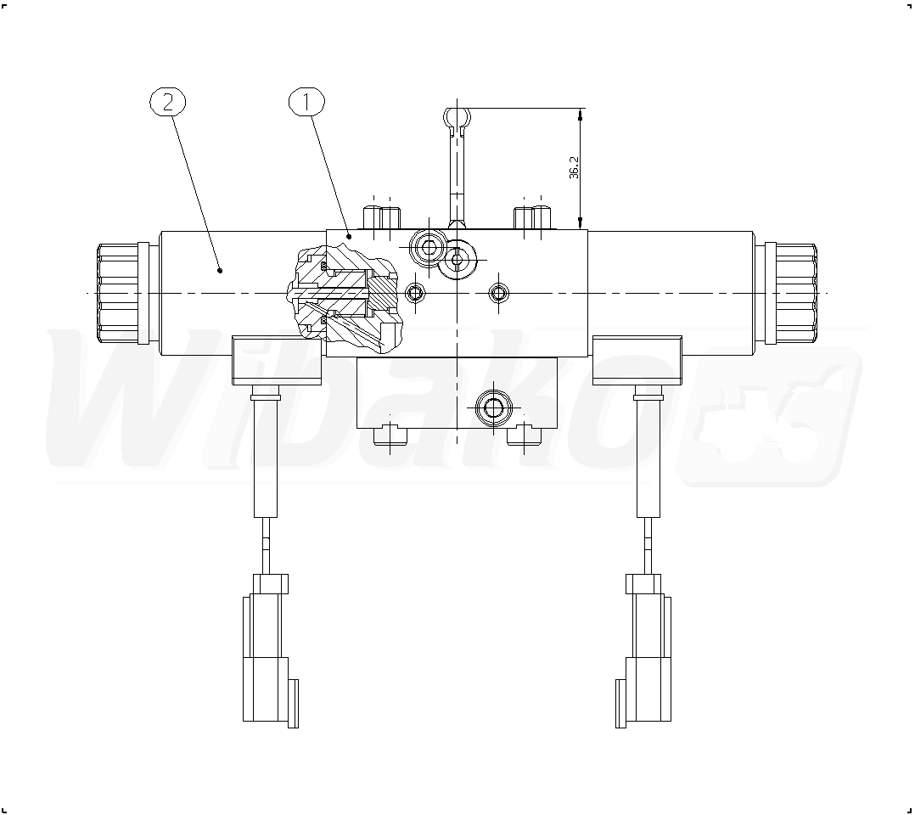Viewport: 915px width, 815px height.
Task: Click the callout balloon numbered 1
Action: tap(306, 102)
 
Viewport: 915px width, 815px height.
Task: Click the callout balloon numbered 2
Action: tap(167, 102)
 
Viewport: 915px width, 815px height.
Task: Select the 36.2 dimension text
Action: tap(574, 167)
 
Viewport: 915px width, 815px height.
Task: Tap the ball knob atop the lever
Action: tap(456, 117)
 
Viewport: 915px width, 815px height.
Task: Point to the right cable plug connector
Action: tap(643, 651)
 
